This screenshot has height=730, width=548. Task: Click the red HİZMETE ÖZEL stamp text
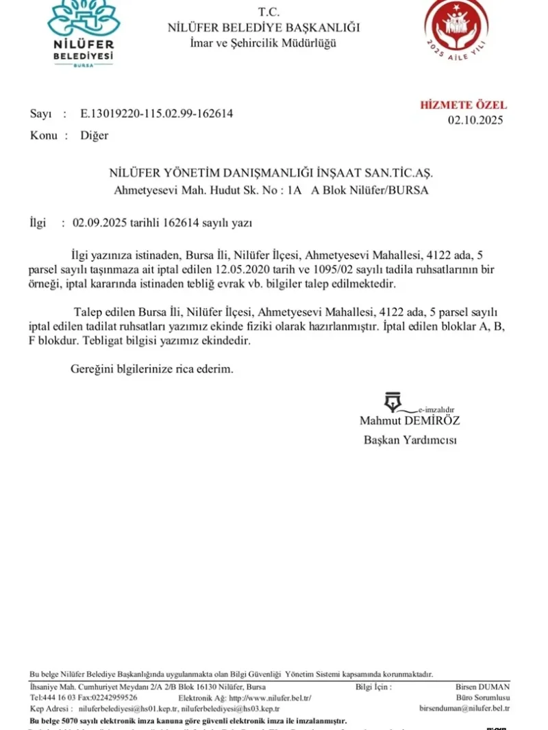pyautogui.click(x=463, y=105)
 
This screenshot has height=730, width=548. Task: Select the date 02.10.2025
pyautogui.click(x=475, y=120)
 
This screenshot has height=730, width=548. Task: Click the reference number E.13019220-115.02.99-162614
pyautogui.click(x=156, y=114)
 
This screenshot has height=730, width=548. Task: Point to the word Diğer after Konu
pyautogui.click(x=95, y=135)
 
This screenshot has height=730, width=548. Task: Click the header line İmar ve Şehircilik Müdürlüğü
pyautogui.click(x=263, y=42)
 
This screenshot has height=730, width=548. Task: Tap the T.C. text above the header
pyautogui.click(x=264, y=12)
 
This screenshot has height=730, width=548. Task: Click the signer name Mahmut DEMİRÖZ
pyautogui.click(x=410, y=420)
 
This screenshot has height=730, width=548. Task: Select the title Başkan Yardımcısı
pyautogui.click(x=410, y=440)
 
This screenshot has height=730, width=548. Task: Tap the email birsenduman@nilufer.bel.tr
pyautogui.click(x=464, y=708)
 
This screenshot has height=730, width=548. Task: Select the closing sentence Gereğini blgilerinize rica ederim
pyautogui.click(x=152, y=368)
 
